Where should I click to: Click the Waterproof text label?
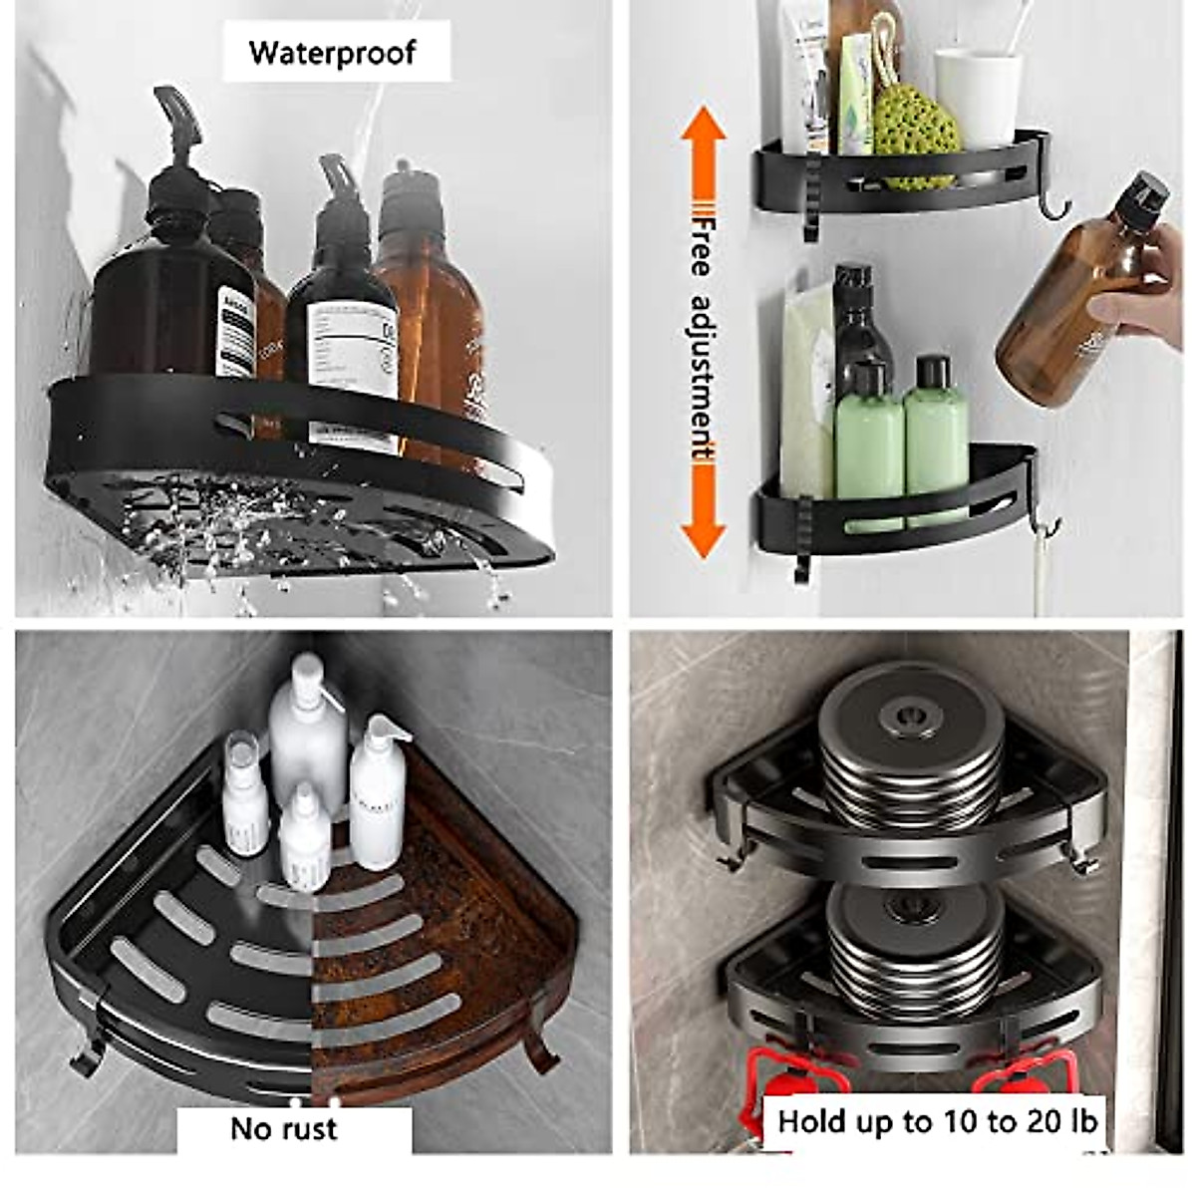pos(332,52)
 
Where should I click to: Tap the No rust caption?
pos(284,1128)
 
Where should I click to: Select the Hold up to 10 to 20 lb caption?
pos(937,1121)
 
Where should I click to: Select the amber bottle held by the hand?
pos(1076,299)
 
